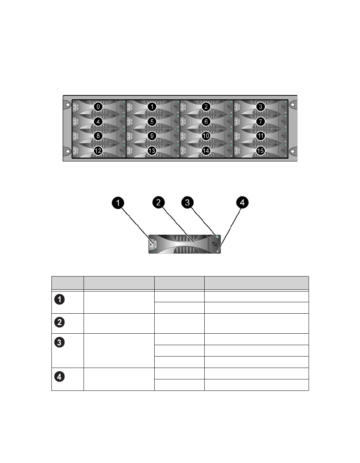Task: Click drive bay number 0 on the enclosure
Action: pos(98,106)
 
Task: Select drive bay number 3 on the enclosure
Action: pos(261,106)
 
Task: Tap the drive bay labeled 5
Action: pos(152,121)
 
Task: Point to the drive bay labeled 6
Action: pos(206,121)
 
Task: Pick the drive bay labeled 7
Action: pos(261,121)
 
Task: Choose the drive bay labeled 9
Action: pos(152,136)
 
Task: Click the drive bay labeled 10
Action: pos(206,136)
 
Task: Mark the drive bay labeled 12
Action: pos(98,151)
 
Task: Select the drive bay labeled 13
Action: pos(152,151)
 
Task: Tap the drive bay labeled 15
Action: pos(261,151)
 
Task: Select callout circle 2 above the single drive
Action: pos(158,203)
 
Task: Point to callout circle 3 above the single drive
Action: pos(187,203)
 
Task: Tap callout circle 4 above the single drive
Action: pos(242,203)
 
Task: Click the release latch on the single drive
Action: pos(154,244)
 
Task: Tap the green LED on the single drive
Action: pos(217,237)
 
